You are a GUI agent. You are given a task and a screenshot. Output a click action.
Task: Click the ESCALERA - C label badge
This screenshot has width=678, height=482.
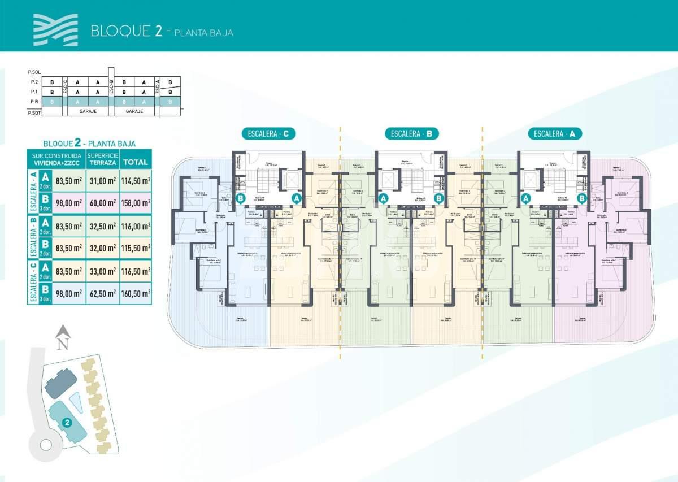point(268,134)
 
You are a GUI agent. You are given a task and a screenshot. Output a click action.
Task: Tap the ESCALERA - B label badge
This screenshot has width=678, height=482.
point(412,134)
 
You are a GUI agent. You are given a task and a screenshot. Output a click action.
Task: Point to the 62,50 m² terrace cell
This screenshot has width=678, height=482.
point(103,294)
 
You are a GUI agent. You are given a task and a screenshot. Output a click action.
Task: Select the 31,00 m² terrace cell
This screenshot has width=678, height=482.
point(103,181)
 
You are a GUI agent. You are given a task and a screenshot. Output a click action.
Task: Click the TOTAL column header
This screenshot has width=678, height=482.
point(135,162)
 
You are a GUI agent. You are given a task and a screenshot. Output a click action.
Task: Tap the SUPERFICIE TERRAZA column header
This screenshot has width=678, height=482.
point(103,159)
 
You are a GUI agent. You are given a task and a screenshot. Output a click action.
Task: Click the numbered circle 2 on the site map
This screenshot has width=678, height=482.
point(67,422)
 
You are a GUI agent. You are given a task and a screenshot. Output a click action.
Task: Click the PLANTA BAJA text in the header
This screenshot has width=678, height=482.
point(204,33)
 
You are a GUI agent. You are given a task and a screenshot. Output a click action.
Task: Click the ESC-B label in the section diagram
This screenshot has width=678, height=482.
point(111,91)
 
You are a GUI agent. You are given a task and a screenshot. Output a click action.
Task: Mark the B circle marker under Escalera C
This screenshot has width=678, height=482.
point(241,198)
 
